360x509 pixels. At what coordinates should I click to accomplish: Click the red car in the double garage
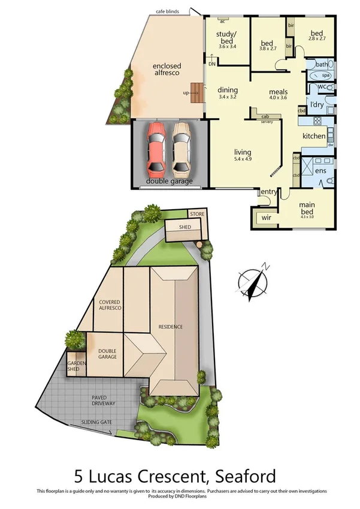[x=156, y=147]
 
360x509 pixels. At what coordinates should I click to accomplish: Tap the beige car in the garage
[x=182, y=147]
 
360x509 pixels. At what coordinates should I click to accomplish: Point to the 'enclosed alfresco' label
[x=167, y=69]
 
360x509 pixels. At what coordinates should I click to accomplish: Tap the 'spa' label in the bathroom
[x=326, y=76]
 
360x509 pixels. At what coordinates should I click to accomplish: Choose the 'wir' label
[x=267, y=218]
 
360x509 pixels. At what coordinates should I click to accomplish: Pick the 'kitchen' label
[x=314, y=136]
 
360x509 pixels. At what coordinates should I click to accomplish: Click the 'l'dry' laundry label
[x=317, y=106]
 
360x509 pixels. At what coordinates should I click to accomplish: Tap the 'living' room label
[x=243, y=152]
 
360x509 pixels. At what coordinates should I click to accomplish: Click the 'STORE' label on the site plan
[x=196, y=214]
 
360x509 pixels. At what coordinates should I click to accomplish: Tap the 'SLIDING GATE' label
[x=97, y=423]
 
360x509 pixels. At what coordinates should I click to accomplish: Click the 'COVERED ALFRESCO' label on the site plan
[x=109, y=304]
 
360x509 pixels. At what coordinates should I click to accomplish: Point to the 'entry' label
[x=269, y=191]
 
